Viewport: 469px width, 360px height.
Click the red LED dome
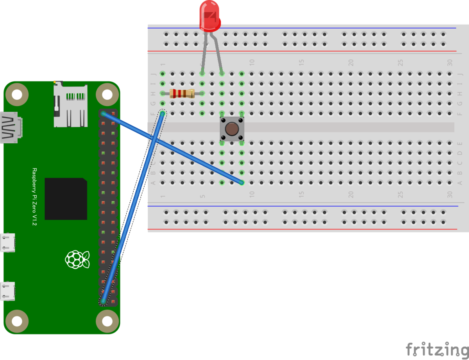(x=209, y=16)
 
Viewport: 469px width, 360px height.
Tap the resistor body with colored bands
(x=182, y=93)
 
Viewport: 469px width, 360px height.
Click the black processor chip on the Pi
(x=66, y=199)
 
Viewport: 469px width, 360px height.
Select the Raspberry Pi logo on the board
(x=77, y=260)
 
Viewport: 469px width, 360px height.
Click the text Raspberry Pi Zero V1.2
(x=34, y=197)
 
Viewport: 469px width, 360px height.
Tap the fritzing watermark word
(x=437, y=349)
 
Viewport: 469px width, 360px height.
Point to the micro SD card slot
(x=71, y=104)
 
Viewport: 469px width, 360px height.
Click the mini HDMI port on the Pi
(x=11, y=127)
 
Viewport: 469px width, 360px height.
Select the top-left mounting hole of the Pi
(x=17, y=95)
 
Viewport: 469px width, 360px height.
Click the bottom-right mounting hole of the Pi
(x=107, y=321)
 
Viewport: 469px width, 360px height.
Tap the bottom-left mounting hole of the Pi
(x=17, y=321)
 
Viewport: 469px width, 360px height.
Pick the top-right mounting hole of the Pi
(x=107, y=95)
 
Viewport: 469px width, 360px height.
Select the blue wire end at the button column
(x=242, y=183)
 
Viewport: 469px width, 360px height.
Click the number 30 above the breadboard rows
(x=449, y=63)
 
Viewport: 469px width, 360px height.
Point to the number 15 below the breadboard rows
(x=301, y=194)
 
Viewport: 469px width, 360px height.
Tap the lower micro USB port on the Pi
(x=7, y=291)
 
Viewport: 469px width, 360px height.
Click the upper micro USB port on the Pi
(x=7, y=243)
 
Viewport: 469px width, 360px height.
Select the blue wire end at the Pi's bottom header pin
(x=104, y=301)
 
